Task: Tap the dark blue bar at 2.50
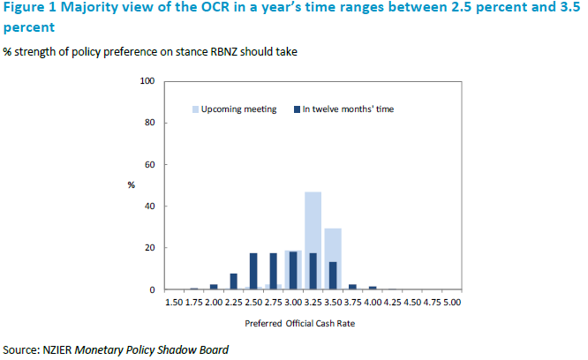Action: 253,272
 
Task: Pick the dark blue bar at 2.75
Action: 273,272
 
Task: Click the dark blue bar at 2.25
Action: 234,281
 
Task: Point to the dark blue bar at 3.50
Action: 332,275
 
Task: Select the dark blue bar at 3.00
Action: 292,271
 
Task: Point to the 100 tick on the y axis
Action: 148,81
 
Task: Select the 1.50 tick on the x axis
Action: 174,303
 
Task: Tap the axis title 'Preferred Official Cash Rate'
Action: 312,323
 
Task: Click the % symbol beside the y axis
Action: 131,185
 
